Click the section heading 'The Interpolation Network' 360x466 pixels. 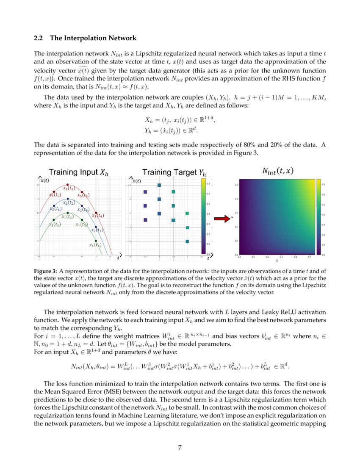point(93,39)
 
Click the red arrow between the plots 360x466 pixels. point(221,219)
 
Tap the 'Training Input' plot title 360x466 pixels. point(78,172)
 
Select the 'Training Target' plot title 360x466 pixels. point(174,172)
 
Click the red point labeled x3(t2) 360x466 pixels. point(68,184)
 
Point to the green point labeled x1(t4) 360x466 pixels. point(96,241)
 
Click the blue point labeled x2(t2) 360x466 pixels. point(68,199)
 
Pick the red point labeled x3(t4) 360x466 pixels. point(96,213)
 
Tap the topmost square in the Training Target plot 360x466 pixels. point(159,185)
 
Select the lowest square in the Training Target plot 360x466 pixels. point(187,241)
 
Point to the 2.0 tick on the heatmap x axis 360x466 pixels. point(295,257)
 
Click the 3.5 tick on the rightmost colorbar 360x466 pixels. point(324,185)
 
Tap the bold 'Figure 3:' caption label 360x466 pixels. point(45,271)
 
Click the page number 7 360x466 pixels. point(180,448)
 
